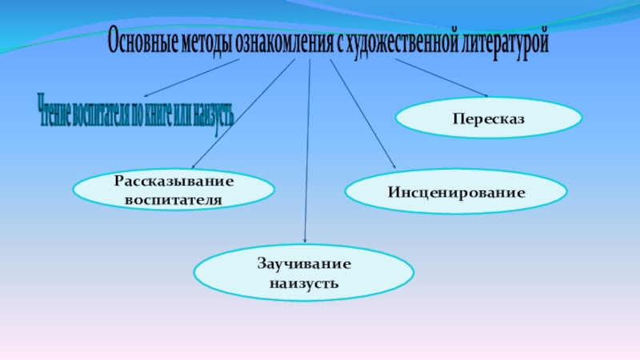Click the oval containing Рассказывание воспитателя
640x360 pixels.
(x=174, y=189)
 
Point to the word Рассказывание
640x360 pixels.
(x=174, y=182)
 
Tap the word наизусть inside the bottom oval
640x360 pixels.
(x=304, y=283)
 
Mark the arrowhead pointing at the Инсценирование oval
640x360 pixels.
(x=394, y=166)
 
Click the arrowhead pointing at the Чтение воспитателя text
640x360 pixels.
(x=146, y=95)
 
